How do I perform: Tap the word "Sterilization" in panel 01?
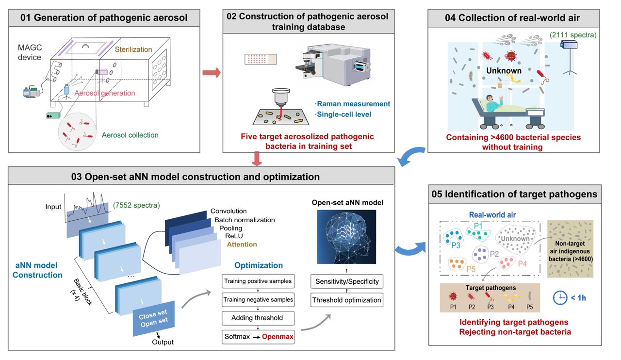[x=133, y=49]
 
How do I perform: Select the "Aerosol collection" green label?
[x=130, y=135]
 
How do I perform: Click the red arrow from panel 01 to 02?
[x=211, y=73]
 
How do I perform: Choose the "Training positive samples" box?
[x=258, y=281]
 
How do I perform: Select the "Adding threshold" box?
[x=258, y=318]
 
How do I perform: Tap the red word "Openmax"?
[x=278, y=336]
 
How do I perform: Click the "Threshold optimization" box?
[x=347, y=300]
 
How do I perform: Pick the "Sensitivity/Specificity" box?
[x=347, y=281]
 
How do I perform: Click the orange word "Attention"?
[x=242, y=244]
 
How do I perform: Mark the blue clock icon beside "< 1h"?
[x=561, y=296]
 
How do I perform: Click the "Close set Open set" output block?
[x=154, y=319]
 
